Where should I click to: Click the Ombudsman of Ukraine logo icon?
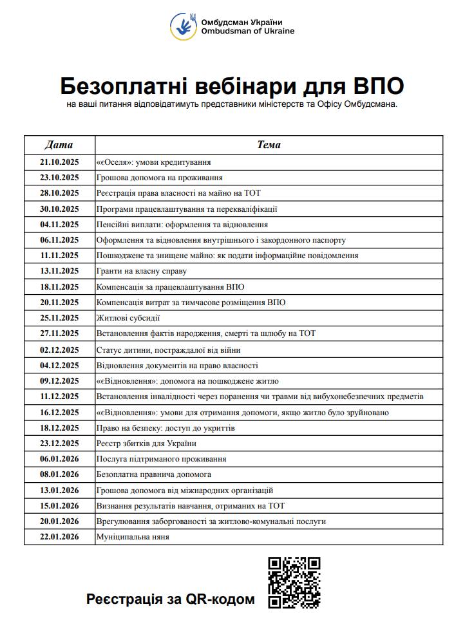click(x=184, y=26)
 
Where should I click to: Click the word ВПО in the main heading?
click(x=379, y=86)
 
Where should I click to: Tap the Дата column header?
click(x=59, y=145)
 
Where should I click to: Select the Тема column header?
click(x=269, y=145)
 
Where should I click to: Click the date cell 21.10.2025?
click(x=59, y=162)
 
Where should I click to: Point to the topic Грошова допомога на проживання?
click(x=160, y=178)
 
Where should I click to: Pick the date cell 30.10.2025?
click(x=59, y=209)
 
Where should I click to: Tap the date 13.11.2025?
click(x=59, y=271)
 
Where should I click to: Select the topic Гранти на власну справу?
click(x=141, y=271)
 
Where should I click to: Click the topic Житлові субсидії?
click(x=128, y=318)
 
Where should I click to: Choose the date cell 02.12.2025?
click(x=59, y=350)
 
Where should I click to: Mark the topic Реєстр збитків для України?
click(x=146, y=444)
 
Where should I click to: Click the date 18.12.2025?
click(x=59, y=427)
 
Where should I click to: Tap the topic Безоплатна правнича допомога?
click(x=154, y=474)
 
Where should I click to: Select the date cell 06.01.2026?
click(x=59, y=459)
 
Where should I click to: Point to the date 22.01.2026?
click(x=59, y=537)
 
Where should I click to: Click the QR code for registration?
click(x=294, y=582)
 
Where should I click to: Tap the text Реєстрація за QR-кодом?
click(x=171, y=599)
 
